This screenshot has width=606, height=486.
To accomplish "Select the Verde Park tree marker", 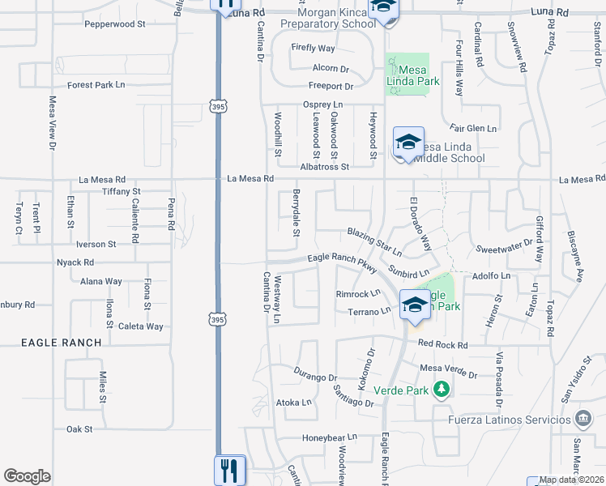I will pyautogui.click(x=441, y=390).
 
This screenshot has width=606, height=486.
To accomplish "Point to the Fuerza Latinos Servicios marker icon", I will pyautogui.click(x=583, y=419).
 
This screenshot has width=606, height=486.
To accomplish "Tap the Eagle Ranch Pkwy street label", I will pyautogui.click(x=342, y=262).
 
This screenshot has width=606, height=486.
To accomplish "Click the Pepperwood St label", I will pyautogui.click(x=115, y=24).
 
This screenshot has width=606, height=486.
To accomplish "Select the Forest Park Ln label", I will pyautogui.click(x=96, y=84).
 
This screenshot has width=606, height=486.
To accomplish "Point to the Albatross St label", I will pyautogui.click(x=324, y=167).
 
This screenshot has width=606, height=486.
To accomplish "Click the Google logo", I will pyautogui.click(x=27, y=476).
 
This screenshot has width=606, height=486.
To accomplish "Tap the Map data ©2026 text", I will pyautogui.click(x=570, y=480).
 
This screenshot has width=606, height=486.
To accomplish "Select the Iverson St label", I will pyautogui.click(x=96, y=244).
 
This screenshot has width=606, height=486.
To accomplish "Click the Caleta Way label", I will pyautogui.click(x=141, y=326).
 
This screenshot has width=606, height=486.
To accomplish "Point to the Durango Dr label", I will pyautogui.click(x=315, y=377).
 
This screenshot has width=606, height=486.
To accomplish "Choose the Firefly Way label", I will pyautogui.click(x=314, y=49).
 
